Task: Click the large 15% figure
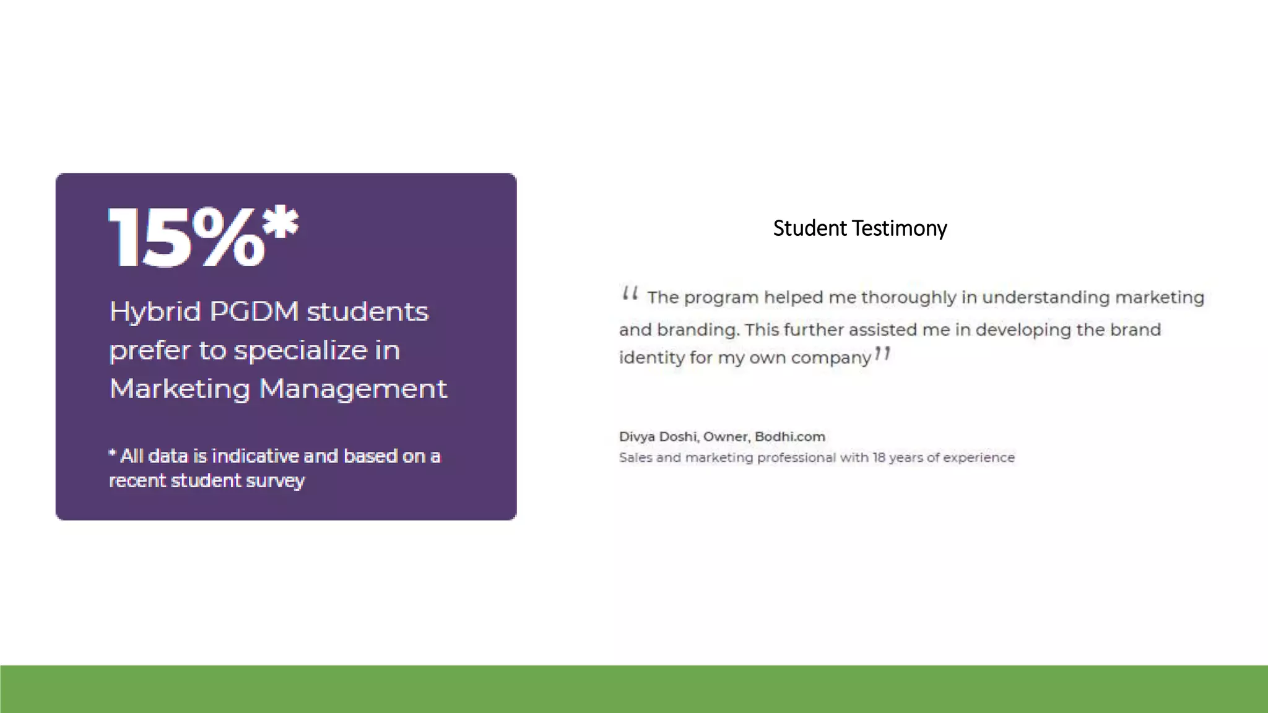click(186, 238)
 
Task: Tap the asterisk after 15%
click(282, 222)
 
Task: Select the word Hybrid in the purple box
click(155, 312)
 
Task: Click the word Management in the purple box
click(353, 389)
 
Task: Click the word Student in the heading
click(810, 228)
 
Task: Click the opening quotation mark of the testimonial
click(630, 293)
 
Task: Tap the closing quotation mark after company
click(882, 354)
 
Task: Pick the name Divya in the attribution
click(636, 437)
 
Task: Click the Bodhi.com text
click(789, 437)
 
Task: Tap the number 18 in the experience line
click(879, 458)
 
